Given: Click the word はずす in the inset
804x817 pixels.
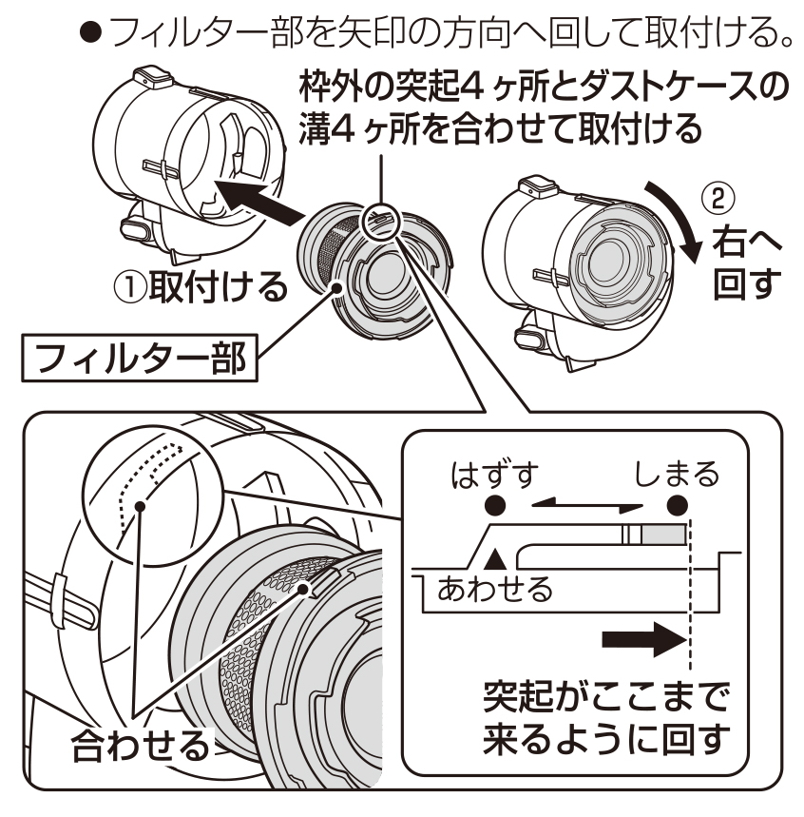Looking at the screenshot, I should pyautogui.click(x=494, y=472).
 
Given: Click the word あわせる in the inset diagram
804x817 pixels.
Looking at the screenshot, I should pyautogui.click(x=494, y=591).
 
